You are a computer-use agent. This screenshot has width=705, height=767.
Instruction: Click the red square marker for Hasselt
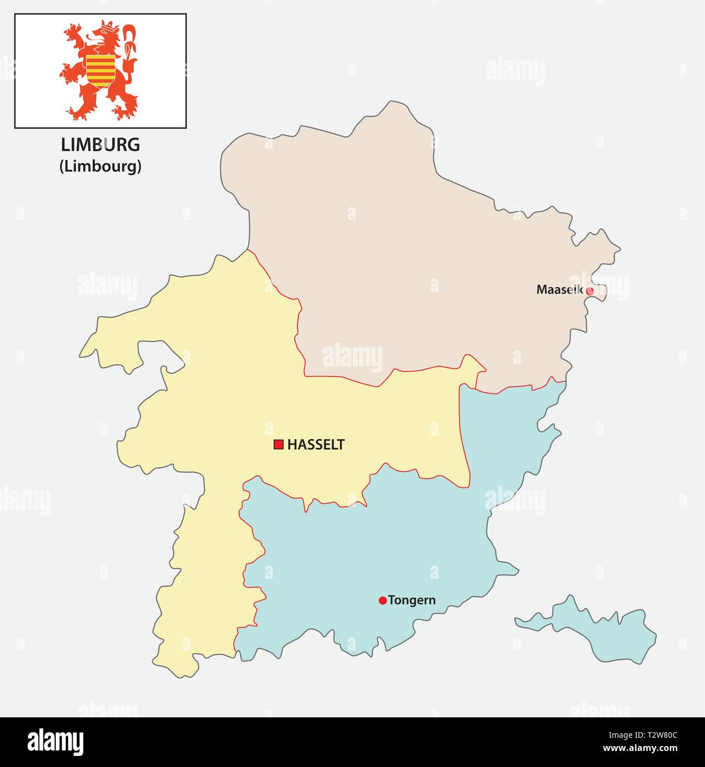[x=279, y=444]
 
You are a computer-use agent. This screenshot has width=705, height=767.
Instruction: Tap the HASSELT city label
[x=316, y=444]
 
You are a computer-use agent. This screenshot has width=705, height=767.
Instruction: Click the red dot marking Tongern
[x=382, y=600]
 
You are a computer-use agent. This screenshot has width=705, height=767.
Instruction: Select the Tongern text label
[x=412, y=600]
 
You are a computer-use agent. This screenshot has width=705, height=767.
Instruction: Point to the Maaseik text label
[x=559, y=289]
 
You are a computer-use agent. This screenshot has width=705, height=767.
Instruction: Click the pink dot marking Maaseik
[x=590, y=291]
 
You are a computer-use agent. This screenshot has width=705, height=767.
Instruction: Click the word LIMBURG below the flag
[x=100, y=145]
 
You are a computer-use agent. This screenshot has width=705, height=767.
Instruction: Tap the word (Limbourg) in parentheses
[x=100, y=166]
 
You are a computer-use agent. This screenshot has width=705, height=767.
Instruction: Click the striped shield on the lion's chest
[x=100, y=69]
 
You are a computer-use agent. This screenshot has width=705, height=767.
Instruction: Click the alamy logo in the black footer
[x=55, y=742]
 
